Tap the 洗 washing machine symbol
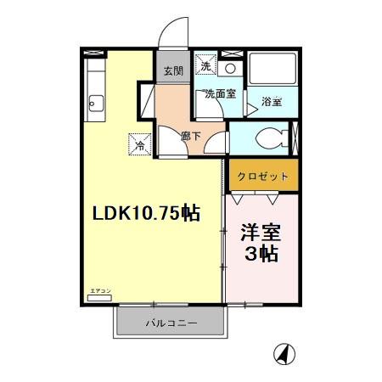205,65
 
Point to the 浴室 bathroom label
272,101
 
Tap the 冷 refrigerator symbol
138,144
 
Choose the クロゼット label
263,177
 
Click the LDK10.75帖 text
146,213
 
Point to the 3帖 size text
261,256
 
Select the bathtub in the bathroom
272,73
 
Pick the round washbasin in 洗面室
230,67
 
